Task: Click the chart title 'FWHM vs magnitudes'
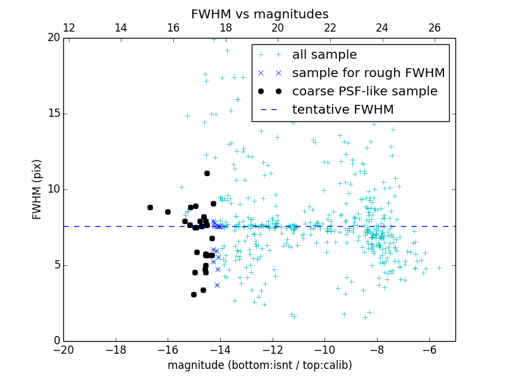click(259, 14)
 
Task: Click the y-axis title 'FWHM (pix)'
click(37, 189)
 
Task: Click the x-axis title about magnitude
click(259, 365)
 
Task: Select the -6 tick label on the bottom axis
click(429, 351)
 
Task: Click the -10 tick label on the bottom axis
click(324, 351)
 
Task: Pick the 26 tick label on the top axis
click(435, 28)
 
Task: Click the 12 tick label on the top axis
click(69, 28)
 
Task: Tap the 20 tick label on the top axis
click(278, 28)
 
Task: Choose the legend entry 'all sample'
click(324, 55)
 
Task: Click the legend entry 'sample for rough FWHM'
click(368, 73)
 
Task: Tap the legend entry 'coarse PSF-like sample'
click(364, 92)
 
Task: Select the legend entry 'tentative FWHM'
click(343, 110)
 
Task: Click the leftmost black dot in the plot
click(150, 207)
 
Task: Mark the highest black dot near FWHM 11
click(207, 173)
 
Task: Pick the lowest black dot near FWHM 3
click(194, 294)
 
